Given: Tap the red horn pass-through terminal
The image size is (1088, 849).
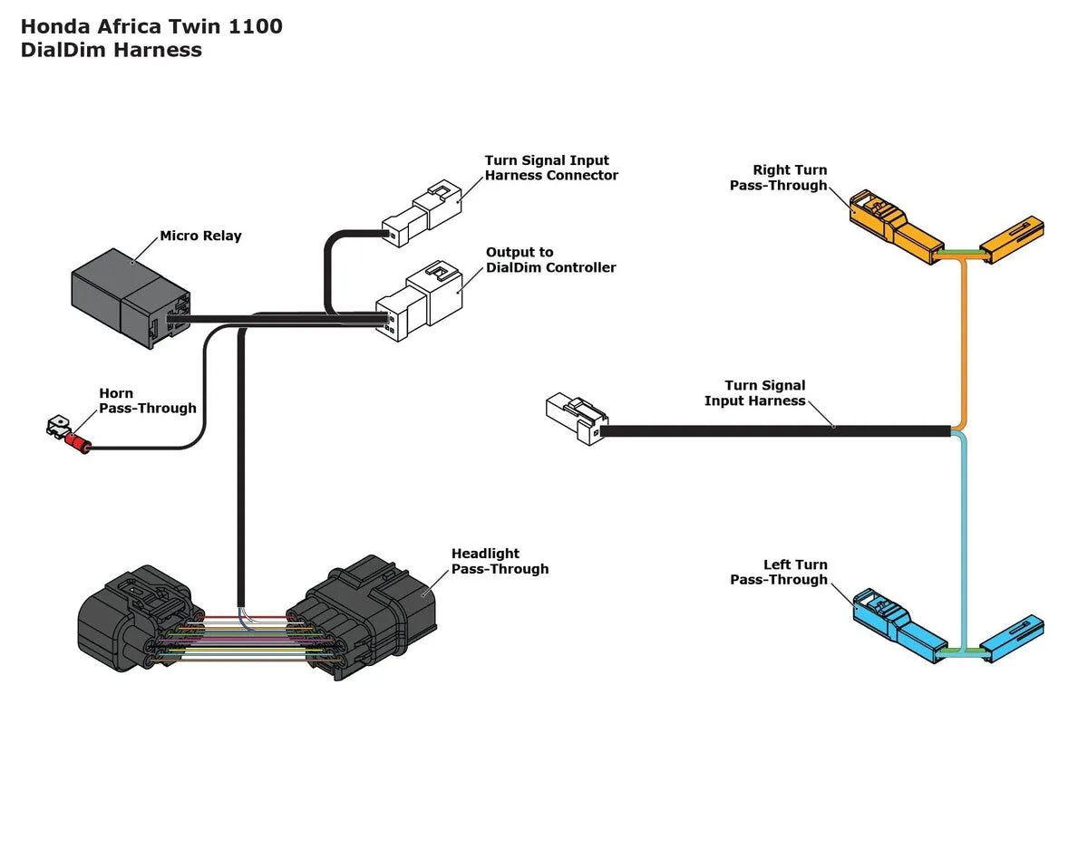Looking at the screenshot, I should [x=77, y=442].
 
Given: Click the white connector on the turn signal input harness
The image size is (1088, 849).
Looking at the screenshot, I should [x=576, y=419].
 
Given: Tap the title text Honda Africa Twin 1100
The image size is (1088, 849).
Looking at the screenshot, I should [x=151, y=26].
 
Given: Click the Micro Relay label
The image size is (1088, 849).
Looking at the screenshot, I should [x=200, y=236].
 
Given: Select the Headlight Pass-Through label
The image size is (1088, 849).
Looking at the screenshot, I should [x=500, y=561].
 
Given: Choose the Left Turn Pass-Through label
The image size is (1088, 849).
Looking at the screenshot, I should [x=779, y=572].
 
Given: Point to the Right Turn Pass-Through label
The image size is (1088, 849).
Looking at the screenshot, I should [x=779, y=178].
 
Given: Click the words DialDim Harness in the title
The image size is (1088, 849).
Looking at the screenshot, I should [x=111, y=50].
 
